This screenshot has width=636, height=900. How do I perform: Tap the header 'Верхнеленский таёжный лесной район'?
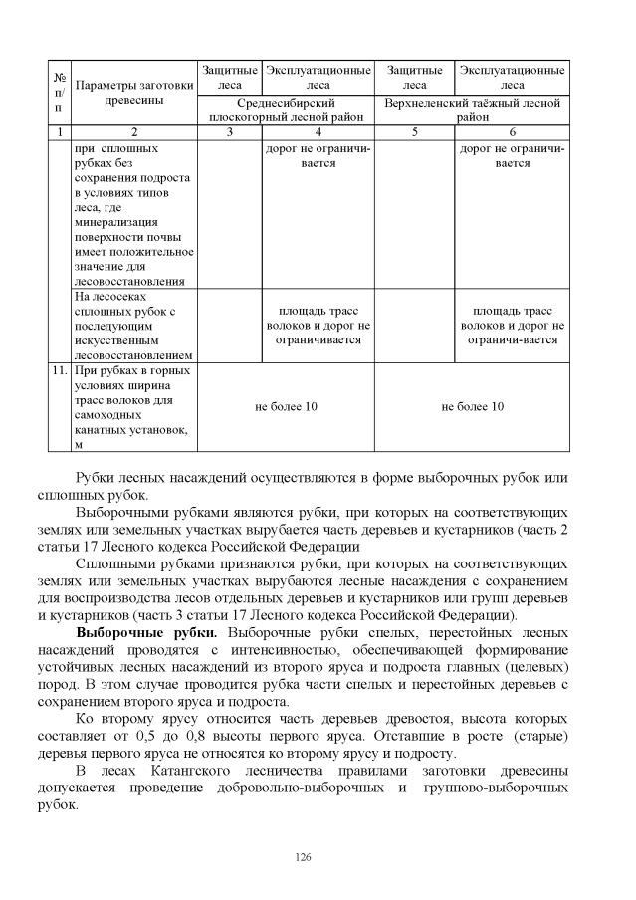click(x=473, y=110)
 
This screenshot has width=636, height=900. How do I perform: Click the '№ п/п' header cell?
click(x=59, y=91)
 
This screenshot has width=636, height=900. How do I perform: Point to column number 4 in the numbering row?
click(x=318, y=131)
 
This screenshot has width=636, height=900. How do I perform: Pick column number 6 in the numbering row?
click(x=513, y=131)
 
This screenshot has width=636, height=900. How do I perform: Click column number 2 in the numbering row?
click(x=134, y=131)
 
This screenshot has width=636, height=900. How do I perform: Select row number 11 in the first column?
click(x=59, y=371)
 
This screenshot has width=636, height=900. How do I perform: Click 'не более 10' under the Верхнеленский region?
click(x=473, y=407)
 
